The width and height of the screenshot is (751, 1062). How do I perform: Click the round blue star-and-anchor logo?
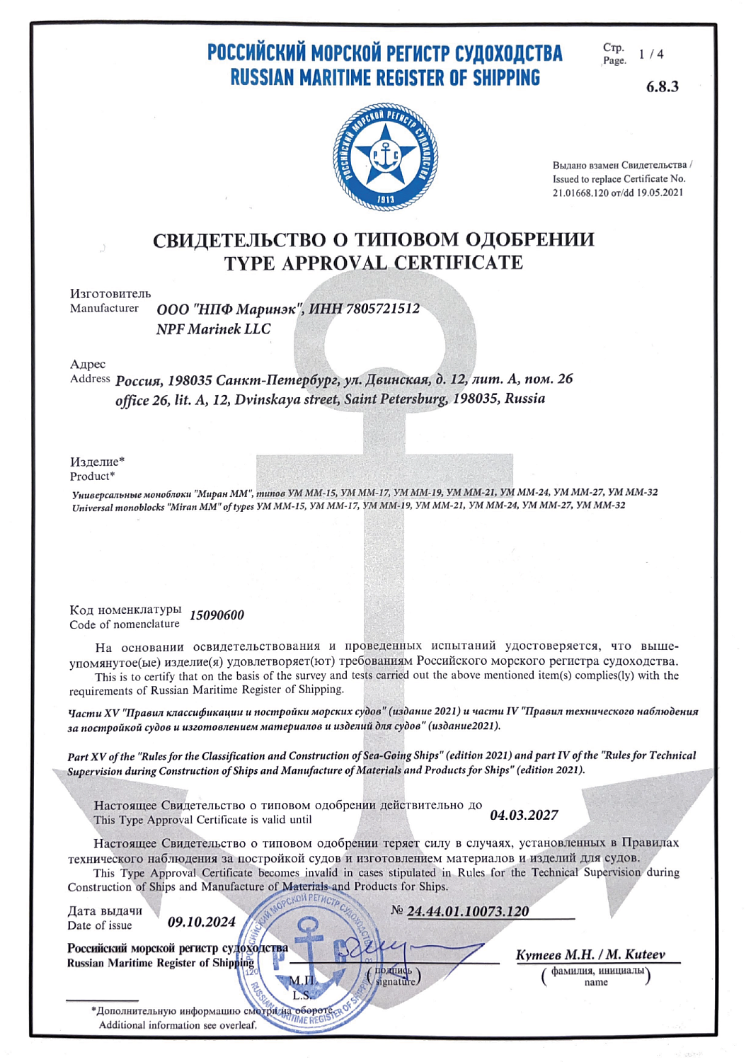(385, 156)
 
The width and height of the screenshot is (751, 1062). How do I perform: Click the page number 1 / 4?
(650, 55)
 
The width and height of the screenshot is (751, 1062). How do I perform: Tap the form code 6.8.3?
(662, 86)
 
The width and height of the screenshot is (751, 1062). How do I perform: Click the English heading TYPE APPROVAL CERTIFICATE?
(373, 263)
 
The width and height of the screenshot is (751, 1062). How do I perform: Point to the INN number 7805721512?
(382, 309)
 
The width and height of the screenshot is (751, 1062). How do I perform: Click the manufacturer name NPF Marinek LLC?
(213, 329)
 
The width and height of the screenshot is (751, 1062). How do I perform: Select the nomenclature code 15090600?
(217, 615)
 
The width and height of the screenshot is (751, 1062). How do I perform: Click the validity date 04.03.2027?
(524, 815)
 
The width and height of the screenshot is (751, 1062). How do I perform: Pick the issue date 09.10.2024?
(202, 922)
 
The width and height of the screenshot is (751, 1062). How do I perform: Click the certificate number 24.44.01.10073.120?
(468, 911)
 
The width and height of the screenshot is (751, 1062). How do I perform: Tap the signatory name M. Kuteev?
(636, 954)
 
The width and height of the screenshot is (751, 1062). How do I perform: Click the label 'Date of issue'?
(100, 925)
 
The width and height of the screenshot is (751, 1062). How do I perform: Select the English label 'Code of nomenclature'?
(125, 624)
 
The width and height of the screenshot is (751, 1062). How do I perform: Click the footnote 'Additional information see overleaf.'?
(177, 1024)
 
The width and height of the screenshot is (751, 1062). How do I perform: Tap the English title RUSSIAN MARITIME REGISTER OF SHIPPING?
(385, 78)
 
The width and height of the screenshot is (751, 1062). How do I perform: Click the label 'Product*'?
(92, 476)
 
